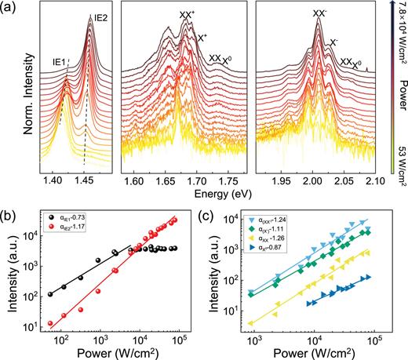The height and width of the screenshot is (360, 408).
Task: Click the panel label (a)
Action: tap(10, 9)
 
